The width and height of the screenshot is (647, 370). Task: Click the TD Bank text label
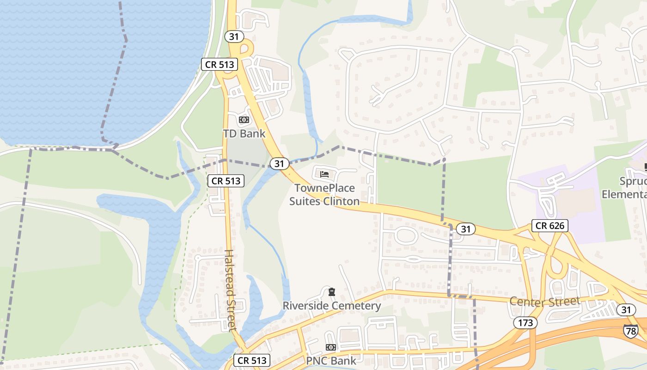tap(244, 134)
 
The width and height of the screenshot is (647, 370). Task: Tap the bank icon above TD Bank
tap(244, 120)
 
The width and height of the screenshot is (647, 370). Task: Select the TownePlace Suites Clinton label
tap(324, 195)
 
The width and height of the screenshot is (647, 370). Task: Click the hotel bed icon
tap(324, 174)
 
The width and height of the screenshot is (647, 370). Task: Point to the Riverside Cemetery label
tap(332, 306)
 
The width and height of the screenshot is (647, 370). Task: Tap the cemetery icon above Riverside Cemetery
tap(331, 292)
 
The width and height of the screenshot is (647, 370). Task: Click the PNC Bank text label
tap(331, 361)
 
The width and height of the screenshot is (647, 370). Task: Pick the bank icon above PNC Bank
tap(331, 347)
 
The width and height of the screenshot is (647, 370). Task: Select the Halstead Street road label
tap(230, 290)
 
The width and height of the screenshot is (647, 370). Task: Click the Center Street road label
tap(545, 302)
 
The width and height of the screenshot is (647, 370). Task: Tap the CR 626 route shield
tap(549, 226)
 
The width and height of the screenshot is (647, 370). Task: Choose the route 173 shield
tap(525, 323)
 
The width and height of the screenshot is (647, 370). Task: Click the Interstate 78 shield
tap(630, 331)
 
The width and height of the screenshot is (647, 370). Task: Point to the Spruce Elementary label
tap(624, 187)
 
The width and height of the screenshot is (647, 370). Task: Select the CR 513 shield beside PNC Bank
tap(251, 361)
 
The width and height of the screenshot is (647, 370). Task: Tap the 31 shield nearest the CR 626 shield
tap(465, 228)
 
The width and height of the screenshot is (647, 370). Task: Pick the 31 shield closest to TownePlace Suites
tap(279, 163)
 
